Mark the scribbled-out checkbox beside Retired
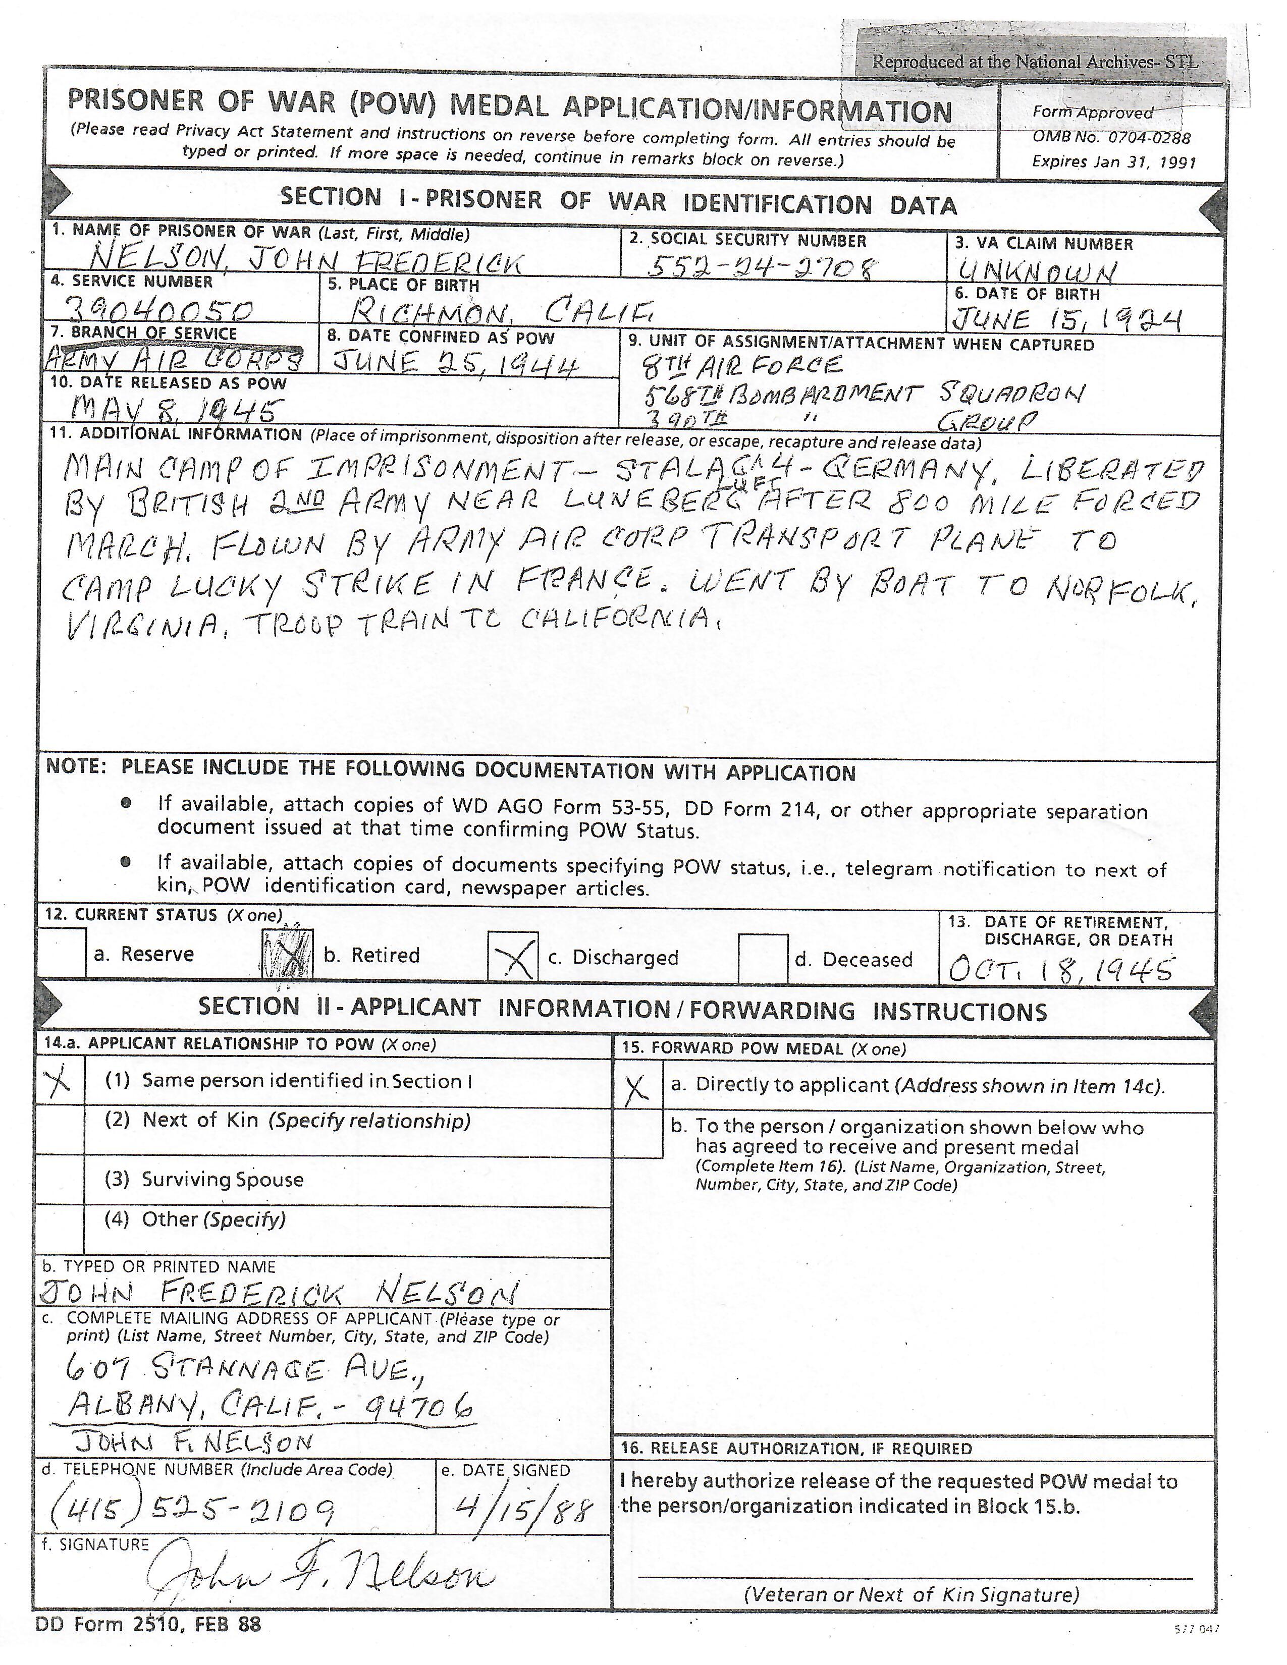[x=288, y=954]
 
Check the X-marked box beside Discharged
[x=514, y=957]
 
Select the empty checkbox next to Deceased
[x=763, y=958]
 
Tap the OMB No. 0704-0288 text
[x=1110, y=138]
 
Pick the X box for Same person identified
[x=60, y=1081]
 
